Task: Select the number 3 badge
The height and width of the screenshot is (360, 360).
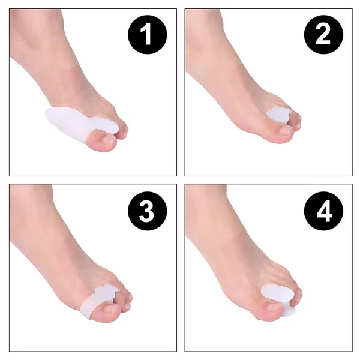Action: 146,212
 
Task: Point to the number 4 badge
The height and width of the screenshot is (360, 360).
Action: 322,212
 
